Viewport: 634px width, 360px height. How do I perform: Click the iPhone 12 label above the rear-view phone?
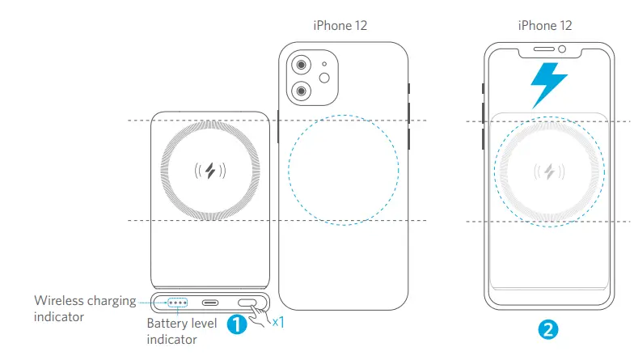pyautogui.click(x=340, y=26)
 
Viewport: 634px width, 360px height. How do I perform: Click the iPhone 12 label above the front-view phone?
pyautogui.click(x=545, y=26)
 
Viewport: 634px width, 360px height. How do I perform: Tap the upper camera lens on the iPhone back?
pyautogui.click(x=301, y=66)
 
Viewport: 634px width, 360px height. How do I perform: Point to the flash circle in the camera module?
pyautogui.click(x=328, y=78)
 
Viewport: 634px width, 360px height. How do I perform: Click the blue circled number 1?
pyautogui.click(x=236, y=324)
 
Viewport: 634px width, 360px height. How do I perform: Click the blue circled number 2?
pyautogui.click(x=547, y=329)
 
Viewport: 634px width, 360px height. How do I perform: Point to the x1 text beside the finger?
pyautogui.click(x=277, y=322)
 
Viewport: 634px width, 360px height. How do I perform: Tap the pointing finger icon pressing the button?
pyautogui.click(x=259, y=318)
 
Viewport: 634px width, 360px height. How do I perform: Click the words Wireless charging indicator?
pyautogui.click(x=85, y=309)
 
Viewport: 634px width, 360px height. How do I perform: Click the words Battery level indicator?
pyautogui.click(x=183, y=332)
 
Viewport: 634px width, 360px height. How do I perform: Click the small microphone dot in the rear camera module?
pyautogui.click(x=323, y=63)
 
